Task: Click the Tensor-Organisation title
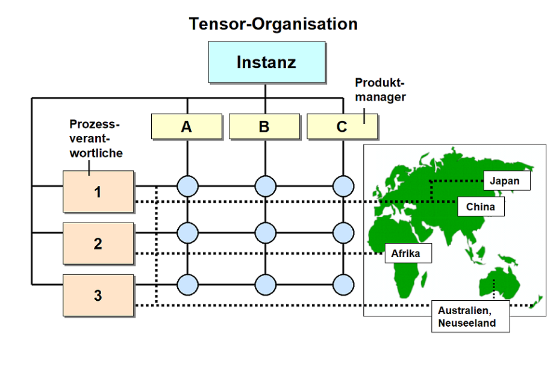(x=273, y=24)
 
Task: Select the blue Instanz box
(x=266, y=62)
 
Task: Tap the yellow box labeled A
(x=187, y=126)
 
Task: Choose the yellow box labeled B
(x=264, y=126)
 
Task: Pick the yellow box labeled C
(x=342, y=126)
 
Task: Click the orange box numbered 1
(x=98, y=191)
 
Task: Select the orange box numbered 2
(x=98, y=243)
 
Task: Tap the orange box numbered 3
(x=98, y=295)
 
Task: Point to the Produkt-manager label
(x=380, y=89)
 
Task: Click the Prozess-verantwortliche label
(x=96, y=138)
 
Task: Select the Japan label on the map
(x=507, y=181)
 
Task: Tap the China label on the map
(x=481, y=207)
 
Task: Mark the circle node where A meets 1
(x=187, y=185)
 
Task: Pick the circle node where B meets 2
(x=265, y=232)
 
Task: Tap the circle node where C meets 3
(x=343, y=283)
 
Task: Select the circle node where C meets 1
(x=343, y=185)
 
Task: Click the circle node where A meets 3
(x=187, y=283)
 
